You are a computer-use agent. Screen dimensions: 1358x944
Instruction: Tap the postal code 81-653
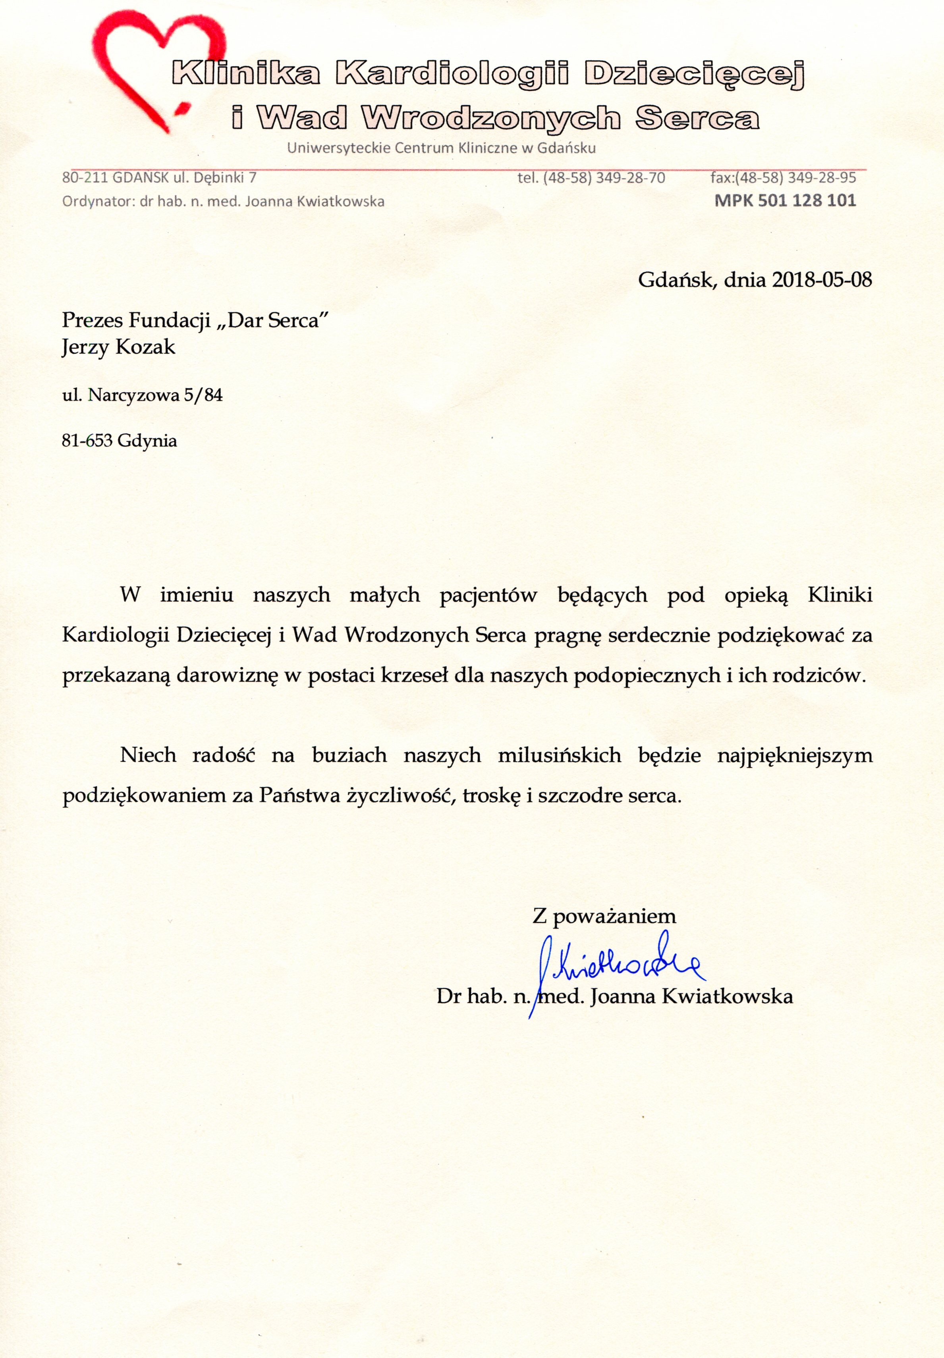(x=87, y=441)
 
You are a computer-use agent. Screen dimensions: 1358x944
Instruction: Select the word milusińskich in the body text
(x=560, y=755)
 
